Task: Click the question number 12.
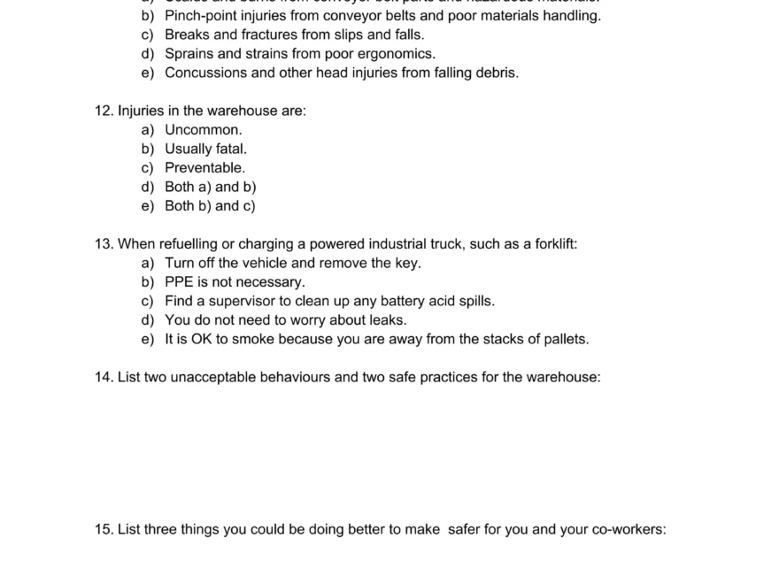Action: pyautogui.click(x=104, y=111)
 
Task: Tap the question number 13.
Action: pyautogui.click(x=104, y=243)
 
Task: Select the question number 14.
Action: pyautogui.click(x=104, y=377)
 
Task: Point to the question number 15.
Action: pyautogui.click(x=104, y=529)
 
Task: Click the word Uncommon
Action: pyautogui.click(x=203, y=130)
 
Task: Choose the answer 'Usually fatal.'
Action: pyautogui.click(x=205, y=149)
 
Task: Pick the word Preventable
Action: pyautogui.click(x=204, y=168)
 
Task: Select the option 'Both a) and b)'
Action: pyautogui.click(x=210, y=187)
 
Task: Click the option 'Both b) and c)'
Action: pyautogui.click(x=210, y=206)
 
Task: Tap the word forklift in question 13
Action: pyautogui.click(x=555, y=243)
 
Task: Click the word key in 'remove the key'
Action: pyautogui.click(x=408, y=263)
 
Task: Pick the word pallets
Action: pyautogui.click(x=563, y=339)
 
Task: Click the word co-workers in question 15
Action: pyautogui.click(x=629, y=529)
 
